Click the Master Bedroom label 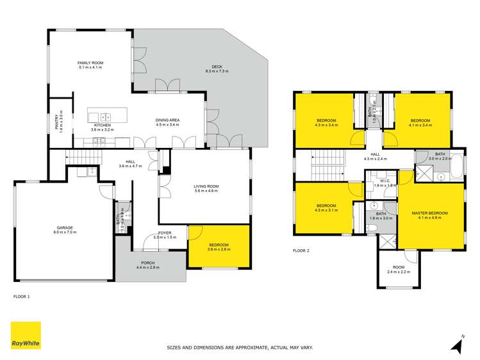(x=430, y=214)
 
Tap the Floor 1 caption (x=22, y=297)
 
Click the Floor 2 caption (x=301, y=250)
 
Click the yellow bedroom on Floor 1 (x=218, y=246)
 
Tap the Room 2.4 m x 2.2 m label (x=399, y=270)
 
